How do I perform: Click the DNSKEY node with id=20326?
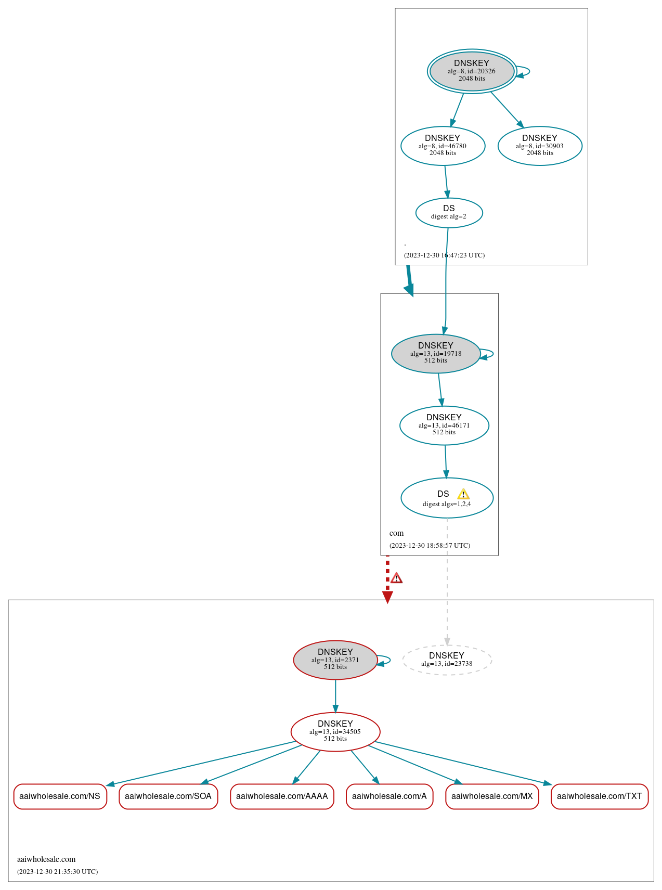click(472, 71)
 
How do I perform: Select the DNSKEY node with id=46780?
click(443, 146)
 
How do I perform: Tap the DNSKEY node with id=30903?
click(540, 146)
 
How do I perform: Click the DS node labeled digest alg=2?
click(449, 212)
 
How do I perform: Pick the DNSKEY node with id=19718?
click(436, 353)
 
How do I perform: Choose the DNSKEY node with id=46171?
click(444, 425)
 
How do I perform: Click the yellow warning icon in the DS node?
click(463, 494)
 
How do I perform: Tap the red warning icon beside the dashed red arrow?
click(397, 578)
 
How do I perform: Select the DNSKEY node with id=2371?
click(335, 660)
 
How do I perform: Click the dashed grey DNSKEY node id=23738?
click(447, 660)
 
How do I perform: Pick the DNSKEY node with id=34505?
click(335, 731)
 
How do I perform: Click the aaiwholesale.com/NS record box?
click(60, 796)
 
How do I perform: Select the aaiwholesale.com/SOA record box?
click(168, 796)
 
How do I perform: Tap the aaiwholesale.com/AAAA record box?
click(282, 796)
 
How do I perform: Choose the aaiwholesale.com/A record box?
click(389, 796)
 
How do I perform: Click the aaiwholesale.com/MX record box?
click(492, 796)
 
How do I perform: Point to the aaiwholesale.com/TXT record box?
click(599, 796)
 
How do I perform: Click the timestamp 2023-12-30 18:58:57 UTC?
click(430, 545)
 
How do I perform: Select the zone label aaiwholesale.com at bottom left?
click(46, 859)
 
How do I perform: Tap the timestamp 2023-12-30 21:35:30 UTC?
click(57, 871)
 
